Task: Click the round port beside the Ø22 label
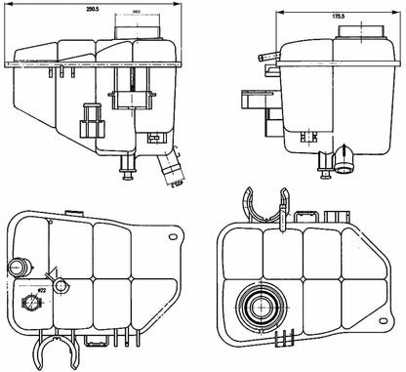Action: pyautogui.click(x=61, y=286)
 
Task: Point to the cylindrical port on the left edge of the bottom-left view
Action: pyautogui.click(x=16, y=267)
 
